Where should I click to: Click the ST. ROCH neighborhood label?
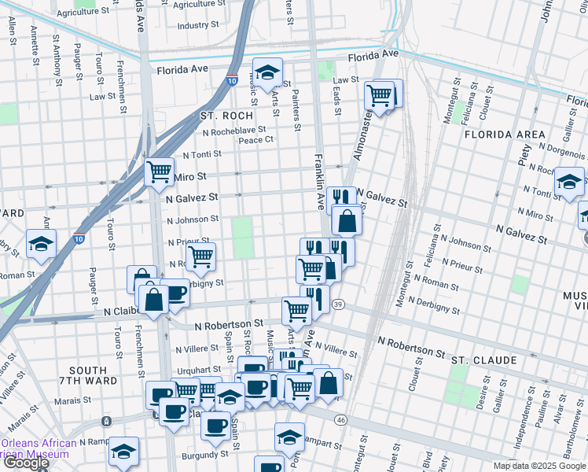pos(226,116)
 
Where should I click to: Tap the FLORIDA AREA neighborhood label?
pos(504,135)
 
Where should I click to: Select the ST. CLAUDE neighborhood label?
pos(483,360)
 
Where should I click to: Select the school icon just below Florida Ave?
pos(267,72)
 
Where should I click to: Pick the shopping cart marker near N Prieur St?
pos(201,255)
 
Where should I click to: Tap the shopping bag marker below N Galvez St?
pos(347,220)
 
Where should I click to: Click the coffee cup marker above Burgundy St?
pos(215,426)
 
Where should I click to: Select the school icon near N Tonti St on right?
pos(569,182)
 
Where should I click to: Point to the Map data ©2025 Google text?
pos(538,466)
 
